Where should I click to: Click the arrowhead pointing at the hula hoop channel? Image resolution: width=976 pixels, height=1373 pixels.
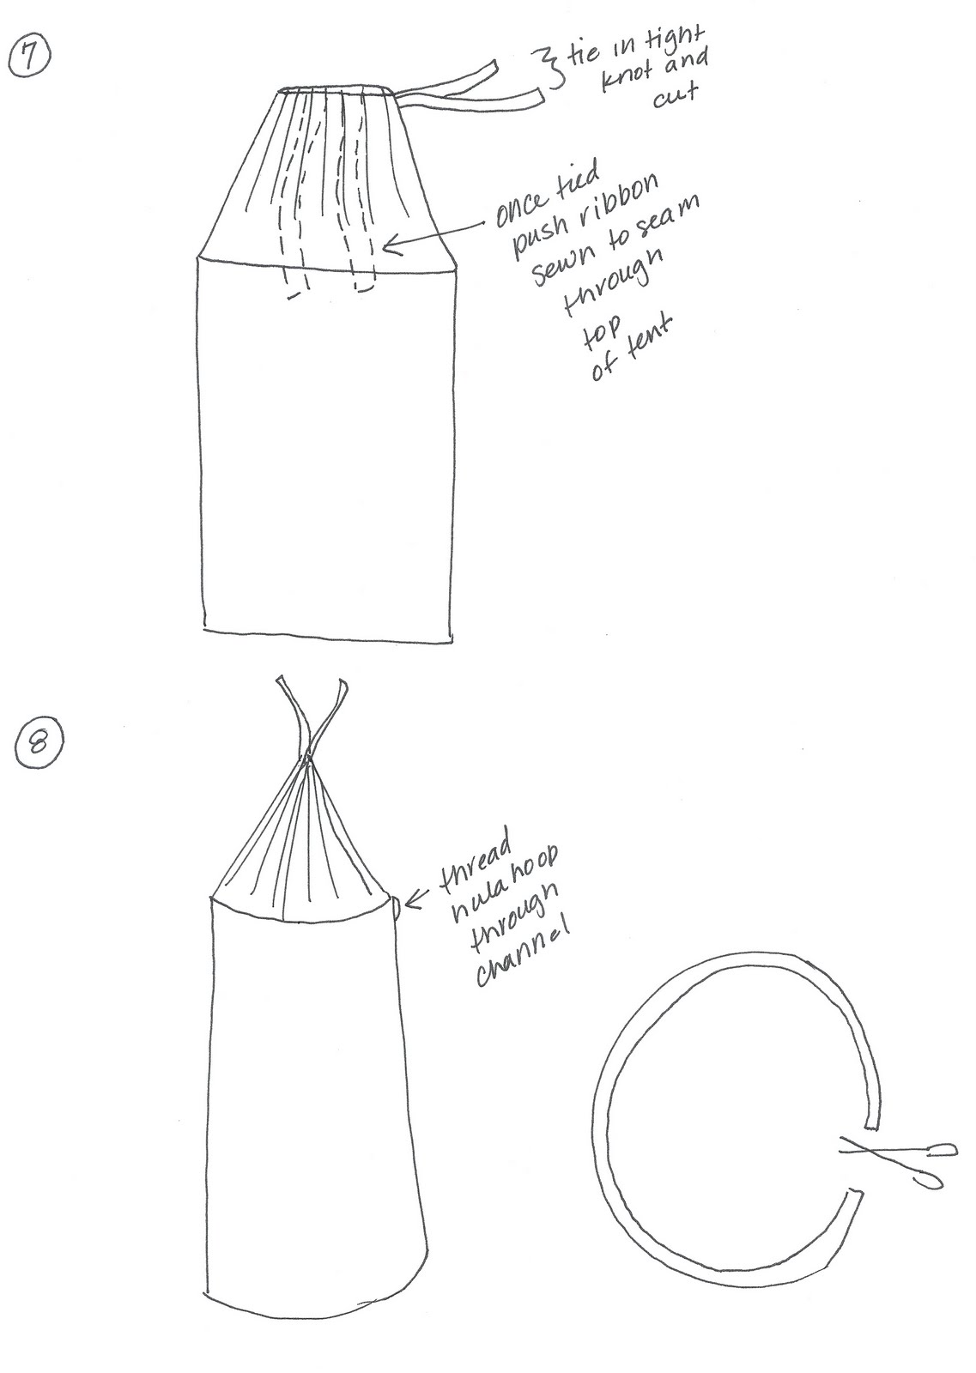411,900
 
